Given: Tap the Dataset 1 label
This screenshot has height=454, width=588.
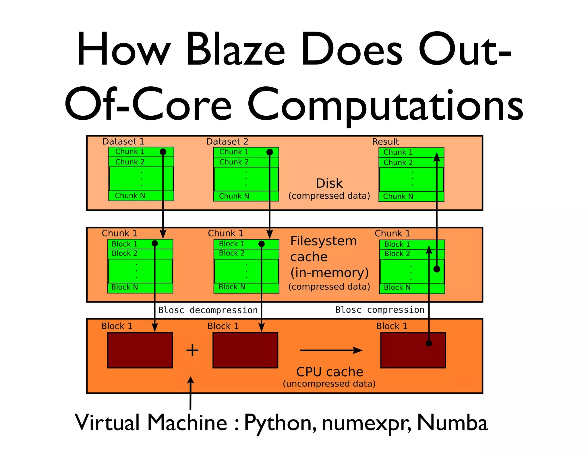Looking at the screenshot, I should coord(123,141).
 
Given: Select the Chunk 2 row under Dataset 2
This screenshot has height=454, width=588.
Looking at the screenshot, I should coord(234,162).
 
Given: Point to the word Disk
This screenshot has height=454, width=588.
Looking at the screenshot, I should coord(329,183).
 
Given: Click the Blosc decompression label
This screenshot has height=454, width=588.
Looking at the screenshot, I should coord(208,310).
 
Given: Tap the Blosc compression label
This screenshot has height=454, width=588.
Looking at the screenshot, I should coord(380,310).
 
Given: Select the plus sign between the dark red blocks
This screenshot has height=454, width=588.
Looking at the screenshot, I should coord(192,350).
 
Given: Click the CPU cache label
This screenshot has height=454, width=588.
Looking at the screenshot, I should coord(330,372).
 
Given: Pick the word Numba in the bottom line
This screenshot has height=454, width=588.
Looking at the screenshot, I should coord(452,423).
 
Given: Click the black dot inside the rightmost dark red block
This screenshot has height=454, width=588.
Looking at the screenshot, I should coord(429,343).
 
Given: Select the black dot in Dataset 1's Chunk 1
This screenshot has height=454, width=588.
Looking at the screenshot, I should coord(163,152).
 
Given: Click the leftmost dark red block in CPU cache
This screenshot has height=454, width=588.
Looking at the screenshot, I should coord(140,350).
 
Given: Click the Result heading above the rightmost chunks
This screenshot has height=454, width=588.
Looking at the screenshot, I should coord(385,142).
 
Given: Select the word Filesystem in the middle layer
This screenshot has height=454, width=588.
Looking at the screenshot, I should coord(324,241).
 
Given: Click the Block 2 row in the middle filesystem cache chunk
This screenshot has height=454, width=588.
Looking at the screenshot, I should coord(232,253).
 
